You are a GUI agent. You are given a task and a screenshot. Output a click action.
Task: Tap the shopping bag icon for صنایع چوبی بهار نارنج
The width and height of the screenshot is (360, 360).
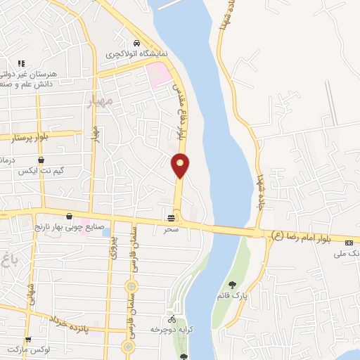69,217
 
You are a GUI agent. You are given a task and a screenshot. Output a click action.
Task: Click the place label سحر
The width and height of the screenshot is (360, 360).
171,229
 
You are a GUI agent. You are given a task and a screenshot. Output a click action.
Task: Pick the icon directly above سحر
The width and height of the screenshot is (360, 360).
171,219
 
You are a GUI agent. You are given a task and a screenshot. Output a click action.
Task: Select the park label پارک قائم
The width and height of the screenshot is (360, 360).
232,296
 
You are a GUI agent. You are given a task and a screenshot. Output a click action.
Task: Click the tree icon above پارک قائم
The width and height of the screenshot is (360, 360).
232,285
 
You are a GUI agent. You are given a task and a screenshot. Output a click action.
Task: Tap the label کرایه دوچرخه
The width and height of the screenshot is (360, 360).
172,329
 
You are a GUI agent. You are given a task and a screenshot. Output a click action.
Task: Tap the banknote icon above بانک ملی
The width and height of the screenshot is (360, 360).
349,243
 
